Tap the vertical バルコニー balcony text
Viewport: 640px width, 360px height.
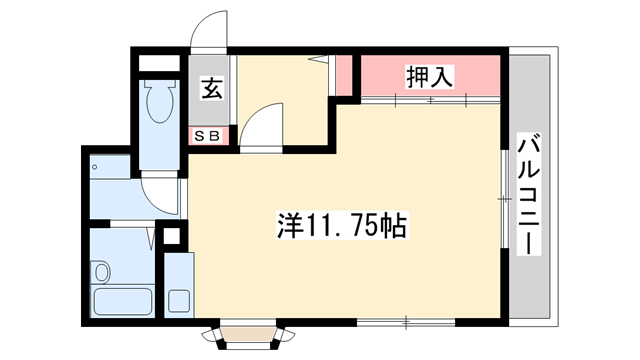click(527, 195)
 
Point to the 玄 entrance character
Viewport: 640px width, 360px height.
click(213, 88)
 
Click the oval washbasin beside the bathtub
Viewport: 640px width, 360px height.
click(101, 273)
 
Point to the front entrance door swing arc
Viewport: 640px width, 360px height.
click(209, 29)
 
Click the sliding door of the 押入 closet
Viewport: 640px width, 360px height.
click(430, 99)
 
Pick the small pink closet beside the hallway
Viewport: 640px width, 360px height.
click(343, 74)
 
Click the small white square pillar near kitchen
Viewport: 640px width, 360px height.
click(171, 239)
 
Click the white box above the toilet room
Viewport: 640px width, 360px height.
click(158, 63)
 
